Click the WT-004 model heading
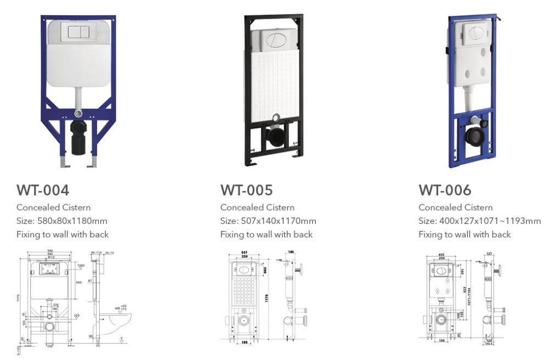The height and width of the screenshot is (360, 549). click(43, 190)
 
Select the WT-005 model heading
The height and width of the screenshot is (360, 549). click(246, 190)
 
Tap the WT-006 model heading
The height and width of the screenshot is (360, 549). click(445, 190)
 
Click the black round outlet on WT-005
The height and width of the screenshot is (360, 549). click(274, 136)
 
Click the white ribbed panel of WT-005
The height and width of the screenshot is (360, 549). click(274, 82)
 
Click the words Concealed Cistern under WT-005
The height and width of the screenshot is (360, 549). click(257, 207)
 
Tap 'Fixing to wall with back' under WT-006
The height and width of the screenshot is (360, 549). click(465, 234)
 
